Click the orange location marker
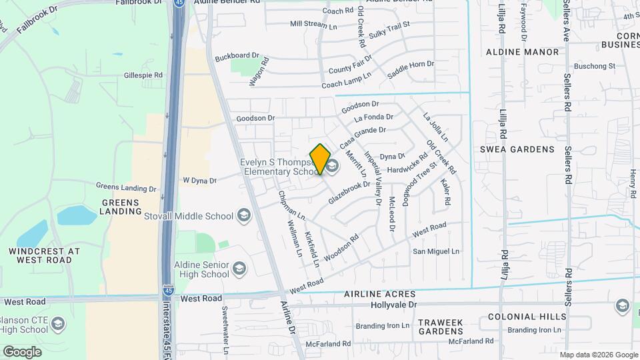coord(321,159)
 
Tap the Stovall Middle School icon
coord(243,215)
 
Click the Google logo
coord(22,351)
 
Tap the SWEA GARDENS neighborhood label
coord(517,149)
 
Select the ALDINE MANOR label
coord(522,51)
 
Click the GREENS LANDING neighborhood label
coord(121,207)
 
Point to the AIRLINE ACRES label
coord(380,294)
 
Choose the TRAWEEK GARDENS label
coord(440,327)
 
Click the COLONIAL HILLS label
coord(527,317)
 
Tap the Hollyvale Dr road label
coord(393,305)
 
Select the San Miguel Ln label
coord(437,251)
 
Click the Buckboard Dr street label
coord(237,55)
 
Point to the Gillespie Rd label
coord(143,75)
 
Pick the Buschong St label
coord(594,66)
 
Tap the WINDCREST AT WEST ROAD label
coord(45,255)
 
